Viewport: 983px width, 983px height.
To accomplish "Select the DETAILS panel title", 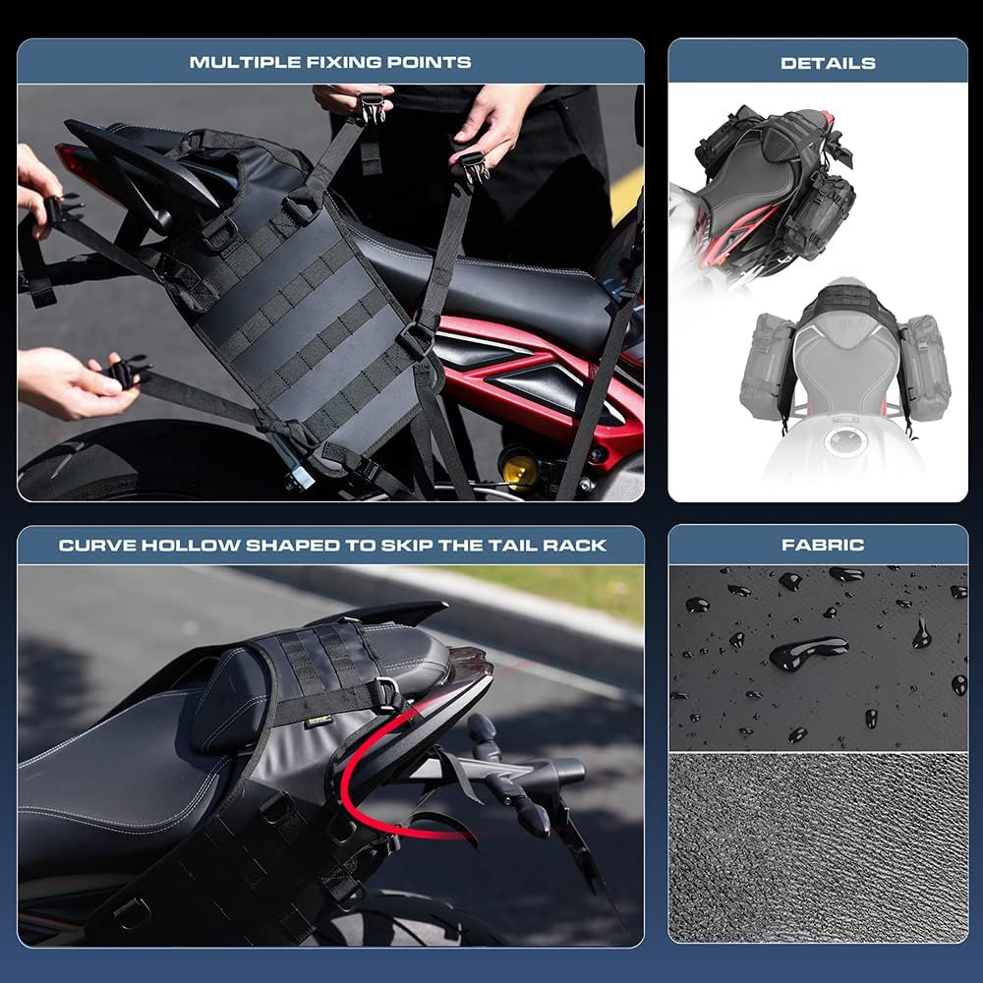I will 828,63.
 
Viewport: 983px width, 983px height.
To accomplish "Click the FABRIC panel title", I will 823,544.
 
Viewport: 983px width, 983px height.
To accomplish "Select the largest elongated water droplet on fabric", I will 808,652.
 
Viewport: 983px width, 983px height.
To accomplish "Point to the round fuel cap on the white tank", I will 843,441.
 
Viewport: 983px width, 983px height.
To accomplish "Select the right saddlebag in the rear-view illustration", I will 924,366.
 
